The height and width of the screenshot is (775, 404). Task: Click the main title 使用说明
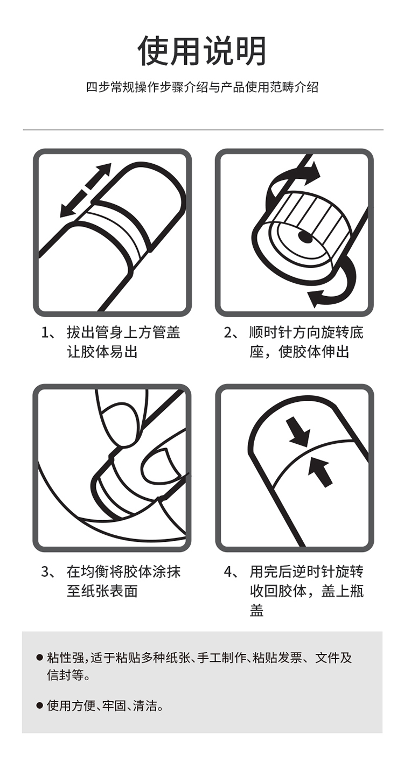(x=202, y=51)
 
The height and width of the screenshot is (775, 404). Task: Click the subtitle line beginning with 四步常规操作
(x=202, y=87)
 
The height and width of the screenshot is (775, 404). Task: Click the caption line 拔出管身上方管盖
(x=123, y=332)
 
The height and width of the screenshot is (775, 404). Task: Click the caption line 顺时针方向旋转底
(x=307, y=332)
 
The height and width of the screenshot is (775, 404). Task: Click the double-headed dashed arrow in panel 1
(x=86, y=190)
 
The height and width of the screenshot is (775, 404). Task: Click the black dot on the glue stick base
(x=305, y=237)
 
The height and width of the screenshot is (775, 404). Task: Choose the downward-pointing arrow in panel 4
(x=298, y=431)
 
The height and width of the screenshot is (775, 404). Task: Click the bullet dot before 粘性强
(x=39, y=657)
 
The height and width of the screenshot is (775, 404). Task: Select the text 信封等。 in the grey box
(x=68, y=675)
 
